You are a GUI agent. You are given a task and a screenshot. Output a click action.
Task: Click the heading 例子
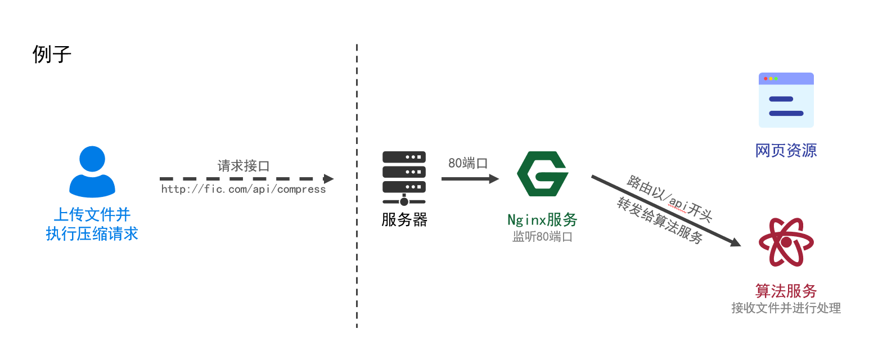point(52,55)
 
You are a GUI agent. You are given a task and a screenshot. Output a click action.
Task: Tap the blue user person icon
point(92,171)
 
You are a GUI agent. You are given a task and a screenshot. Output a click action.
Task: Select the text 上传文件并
point(92,214)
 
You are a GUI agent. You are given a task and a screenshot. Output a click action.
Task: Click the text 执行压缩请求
point(92,233)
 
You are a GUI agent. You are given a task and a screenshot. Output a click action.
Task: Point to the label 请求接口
point(244,166)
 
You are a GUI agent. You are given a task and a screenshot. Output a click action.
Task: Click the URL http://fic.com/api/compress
point(244,190)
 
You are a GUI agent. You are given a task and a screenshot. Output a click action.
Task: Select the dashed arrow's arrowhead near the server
point(328,179)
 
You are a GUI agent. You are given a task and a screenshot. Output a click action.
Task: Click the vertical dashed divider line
point(357,186)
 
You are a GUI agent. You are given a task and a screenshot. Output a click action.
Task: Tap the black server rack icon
point(404,178)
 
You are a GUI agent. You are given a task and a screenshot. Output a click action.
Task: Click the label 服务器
point(404,219)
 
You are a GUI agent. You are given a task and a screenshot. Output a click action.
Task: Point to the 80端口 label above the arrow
point(467,163)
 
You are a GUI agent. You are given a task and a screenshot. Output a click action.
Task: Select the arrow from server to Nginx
point(470,179)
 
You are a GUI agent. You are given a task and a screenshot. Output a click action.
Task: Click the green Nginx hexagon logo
point(542,173)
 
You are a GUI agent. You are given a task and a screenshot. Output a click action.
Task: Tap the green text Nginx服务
point(542,219)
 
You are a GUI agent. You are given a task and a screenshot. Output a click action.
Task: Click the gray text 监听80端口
point(542,237)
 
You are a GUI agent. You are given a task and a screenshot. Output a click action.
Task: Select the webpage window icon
point(786,100)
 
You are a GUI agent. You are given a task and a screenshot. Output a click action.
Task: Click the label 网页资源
point(786,150)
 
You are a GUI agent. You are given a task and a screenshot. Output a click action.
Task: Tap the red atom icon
point(786,242)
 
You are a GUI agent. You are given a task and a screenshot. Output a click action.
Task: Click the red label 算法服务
point(786,291)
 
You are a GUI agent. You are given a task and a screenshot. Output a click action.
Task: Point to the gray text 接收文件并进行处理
point(786,308)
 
